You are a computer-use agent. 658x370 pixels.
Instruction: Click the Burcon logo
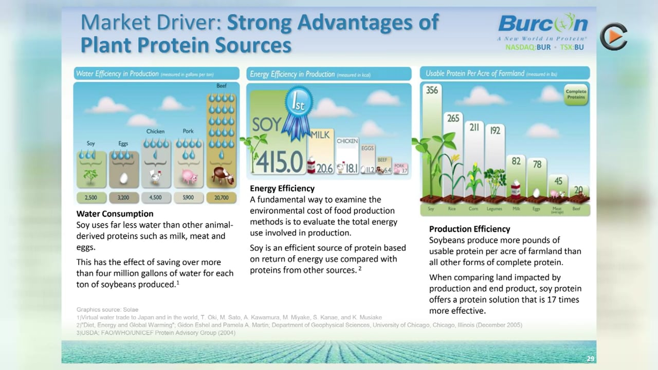pos(542,25)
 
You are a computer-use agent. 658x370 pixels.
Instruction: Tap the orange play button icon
pos(614,36)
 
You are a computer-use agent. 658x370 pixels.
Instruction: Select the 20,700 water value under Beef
pos(222,197)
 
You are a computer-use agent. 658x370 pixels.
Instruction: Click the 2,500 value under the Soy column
pos(91,197)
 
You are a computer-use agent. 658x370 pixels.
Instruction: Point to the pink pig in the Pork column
pos(189,177)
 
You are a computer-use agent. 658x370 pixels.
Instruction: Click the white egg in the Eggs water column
pos(123,178)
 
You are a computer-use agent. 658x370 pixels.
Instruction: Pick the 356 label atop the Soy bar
pos(432,90)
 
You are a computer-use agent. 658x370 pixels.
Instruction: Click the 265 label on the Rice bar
pos(453,118)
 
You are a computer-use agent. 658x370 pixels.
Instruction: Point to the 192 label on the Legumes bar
pos(495,131)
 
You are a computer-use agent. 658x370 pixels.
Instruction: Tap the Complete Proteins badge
pos(576,95)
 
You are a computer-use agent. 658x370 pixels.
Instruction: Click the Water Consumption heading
pos(115,214)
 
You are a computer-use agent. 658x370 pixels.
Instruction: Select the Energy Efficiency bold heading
pos(282,189)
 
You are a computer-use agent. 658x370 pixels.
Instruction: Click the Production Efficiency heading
pos(469,229)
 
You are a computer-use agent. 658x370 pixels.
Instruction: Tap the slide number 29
pos(590,359)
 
